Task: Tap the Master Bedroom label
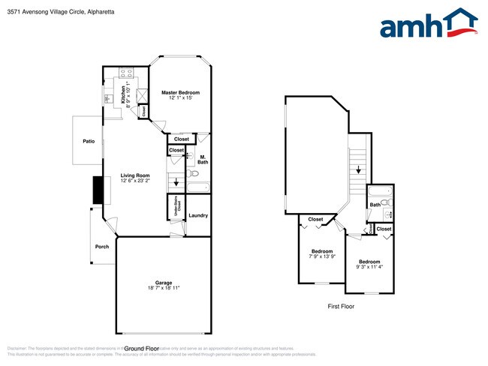point(180,95)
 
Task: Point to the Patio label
point(89,141)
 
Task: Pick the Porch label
point(101,247)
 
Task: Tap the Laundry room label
point(198,215)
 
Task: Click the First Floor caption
point(341,306)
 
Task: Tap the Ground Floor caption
point(141,349)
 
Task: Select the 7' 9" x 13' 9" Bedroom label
point(323,253)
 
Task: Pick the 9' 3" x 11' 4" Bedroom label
point(369,265)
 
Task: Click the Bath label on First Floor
point(375,205)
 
